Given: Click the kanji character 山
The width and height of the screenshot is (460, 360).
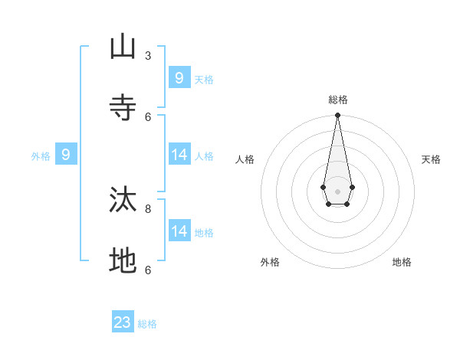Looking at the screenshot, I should pos(123,47).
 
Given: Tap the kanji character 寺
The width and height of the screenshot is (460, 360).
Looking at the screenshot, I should pos(123,106).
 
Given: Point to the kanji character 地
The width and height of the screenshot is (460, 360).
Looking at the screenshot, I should pos(123,260).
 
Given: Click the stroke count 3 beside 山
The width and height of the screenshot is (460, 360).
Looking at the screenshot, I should pos(148,55).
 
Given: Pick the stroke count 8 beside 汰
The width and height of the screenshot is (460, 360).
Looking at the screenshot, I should pos(148,208).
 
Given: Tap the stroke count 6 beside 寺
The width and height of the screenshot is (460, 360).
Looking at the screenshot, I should pos(148,116).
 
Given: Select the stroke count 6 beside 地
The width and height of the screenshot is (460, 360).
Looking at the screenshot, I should pos(148,270).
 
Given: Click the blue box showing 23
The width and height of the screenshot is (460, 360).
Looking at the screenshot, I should pos(123,322).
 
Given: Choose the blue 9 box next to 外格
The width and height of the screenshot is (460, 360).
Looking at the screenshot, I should pos(66,155).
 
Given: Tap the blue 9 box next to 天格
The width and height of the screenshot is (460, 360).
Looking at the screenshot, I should pos(179,78).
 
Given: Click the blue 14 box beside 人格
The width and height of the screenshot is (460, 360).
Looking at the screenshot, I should pos(179,155).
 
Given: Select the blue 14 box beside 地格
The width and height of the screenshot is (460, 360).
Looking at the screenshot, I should pos(179,231).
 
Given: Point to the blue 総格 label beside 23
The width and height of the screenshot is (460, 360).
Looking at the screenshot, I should pos(147,324).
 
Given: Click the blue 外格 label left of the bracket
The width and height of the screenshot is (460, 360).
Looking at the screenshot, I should pos(41,156).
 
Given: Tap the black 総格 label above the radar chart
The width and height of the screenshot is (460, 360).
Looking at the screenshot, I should pos(337,100).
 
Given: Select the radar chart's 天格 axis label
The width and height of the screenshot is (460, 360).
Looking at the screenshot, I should pos(431,159).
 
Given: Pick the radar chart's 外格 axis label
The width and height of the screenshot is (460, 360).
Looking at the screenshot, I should pos(270,262).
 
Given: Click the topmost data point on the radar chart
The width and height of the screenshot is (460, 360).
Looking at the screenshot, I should pos(337,115).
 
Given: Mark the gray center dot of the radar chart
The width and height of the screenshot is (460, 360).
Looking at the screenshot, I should pos(337,191).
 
